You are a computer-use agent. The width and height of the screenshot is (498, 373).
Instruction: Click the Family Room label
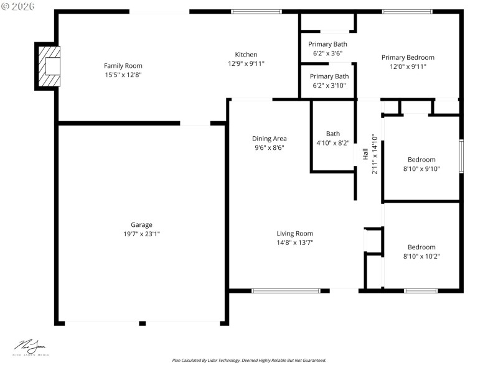(x=123, y=66)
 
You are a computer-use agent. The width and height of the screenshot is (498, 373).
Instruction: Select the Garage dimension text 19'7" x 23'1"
(x=141, y=234)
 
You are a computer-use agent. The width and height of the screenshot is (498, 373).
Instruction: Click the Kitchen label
(x=246, y=55)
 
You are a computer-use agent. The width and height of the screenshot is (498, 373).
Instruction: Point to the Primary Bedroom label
(x=408, y=57)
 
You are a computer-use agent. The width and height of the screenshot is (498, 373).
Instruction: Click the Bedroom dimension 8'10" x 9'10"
(x=421, y=168)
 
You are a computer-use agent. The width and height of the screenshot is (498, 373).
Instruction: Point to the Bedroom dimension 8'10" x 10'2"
(x=421, y=256)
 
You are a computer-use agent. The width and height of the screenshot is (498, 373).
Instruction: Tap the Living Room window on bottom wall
(x=286, y=290)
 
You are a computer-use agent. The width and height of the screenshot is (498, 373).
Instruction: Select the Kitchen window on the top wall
(x=256, y=11)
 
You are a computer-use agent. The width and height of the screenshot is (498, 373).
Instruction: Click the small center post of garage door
(x=143, y=323)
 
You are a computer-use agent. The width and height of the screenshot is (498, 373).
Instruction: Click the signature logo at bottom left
(x=31, y=348)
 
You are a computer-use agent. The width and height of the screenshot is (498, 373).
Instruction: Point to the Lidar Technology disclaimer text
(x=249, y=360)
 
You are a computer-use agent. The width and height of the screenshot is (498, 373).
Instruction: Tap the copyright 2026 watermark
(x=18, y=6)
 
